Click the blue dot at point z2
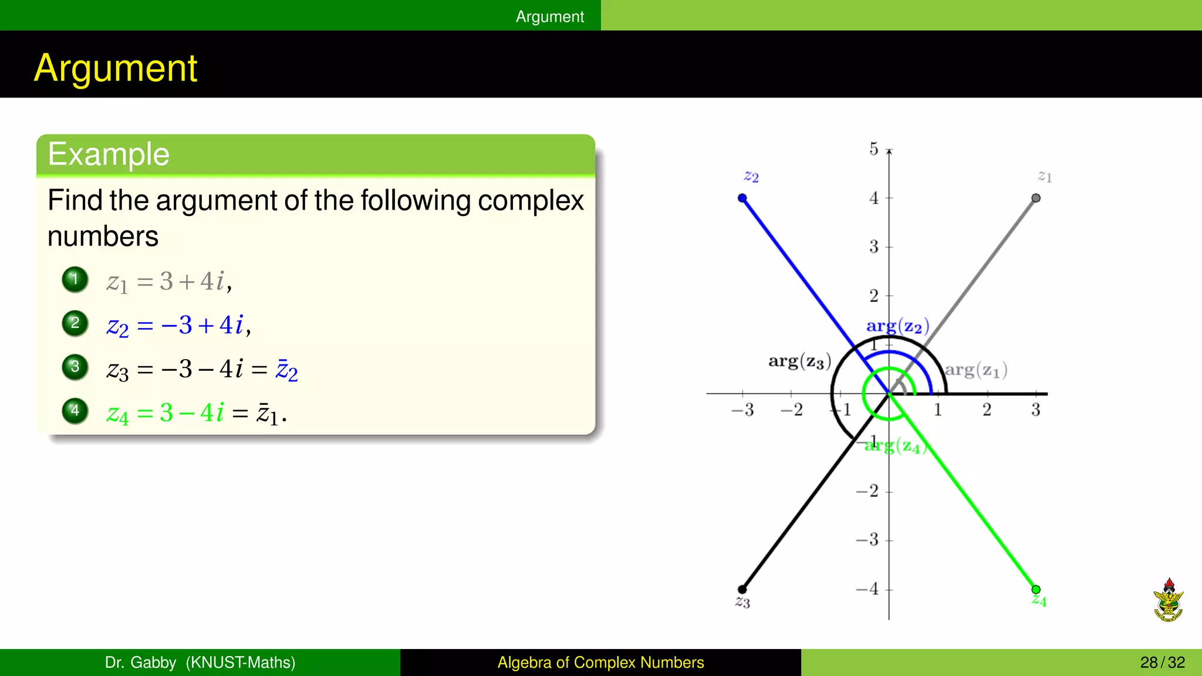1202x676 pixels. click(742, 198)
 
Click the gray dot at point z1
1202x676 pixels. click(1036, 198)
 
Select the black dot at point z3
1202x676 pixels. click(742, 589)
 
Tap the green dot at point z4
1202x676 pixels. click(1036, 589)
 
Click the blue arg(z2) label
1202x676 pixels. click(897, 326)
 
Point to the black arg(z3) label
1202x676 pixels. click(799, 361)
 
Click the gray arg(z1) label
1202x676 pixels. click(975, 370)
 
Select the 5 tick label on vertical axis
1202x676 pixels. click(874, 149)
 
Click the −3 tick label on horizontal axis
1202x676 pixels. click(742, 410)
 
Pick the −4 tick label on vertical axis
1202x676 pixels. click(867, 589)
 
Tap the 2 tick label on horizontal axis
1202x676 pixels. click(987, 410)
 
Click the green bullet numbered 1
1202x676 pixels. click(75, 279)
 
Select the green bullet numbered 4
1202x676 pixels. click(75, 411)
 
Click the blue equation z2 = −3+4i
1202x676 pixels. click(178, 325)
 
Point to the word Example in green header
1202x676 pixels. click(109, 154)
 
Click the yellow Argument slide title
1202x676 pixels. click(116, 68)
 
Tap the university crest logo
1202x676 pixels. click(1168, 600)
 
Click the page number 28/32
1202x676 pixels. click(1162, 663)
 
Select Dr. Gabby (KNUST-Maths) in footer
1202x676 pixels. click(200, 663)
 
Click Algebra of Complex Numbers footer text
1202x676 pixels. click(600, 663)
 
